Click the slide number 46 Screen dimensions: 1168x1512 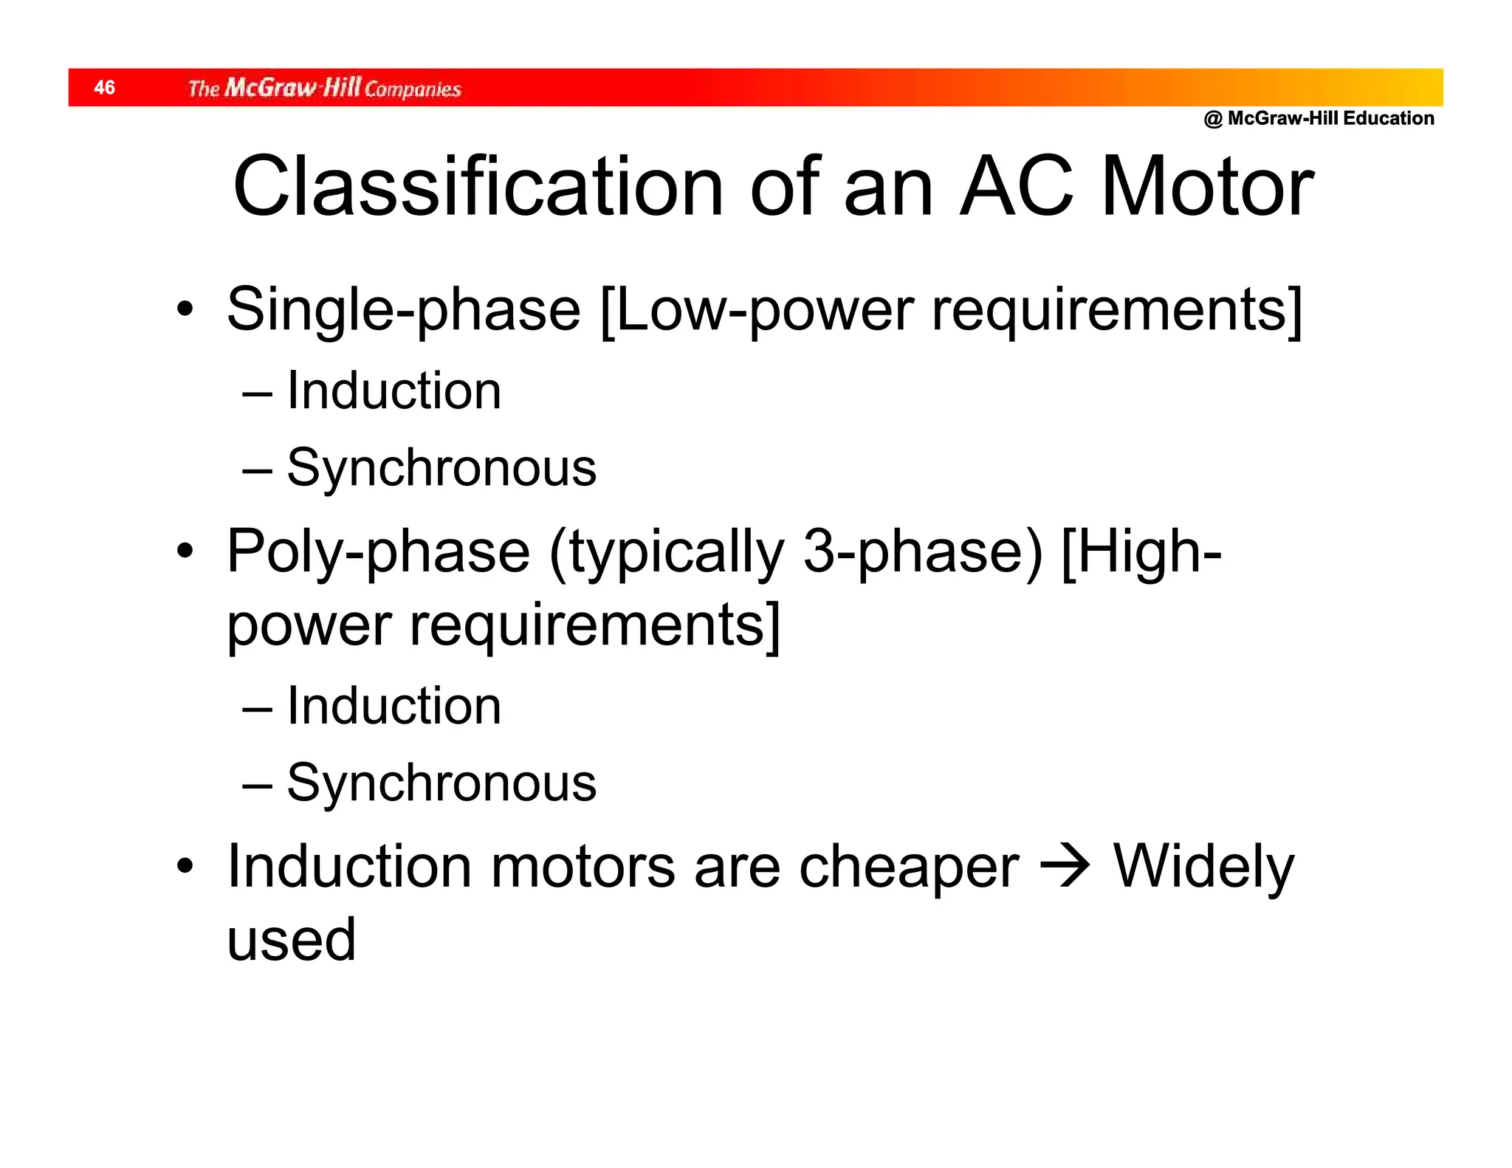pos(104,88)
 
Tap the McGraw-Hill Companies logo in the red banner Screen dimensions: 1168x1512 pos(324,89)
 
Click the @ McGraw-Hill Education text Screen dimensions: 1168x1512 pos(1319,118)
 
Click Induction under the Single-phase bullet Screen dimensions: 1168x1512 pos(394,391)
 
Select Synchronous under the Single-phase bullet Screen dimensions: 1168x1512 pos(441,467)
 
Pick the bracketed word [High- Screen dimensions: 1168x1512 pos(1141,552)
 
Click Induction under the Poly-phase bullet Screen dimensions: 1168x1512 pos(394,706)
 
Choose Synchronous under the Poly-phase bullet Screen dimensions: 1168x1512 pos(441,783)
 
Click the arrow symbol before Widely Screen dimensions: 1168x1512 pos(1065,866)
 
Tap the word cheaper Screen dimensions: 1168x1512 pos(909,868)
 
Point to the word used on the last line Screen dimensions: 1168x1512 pos(292,940)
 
